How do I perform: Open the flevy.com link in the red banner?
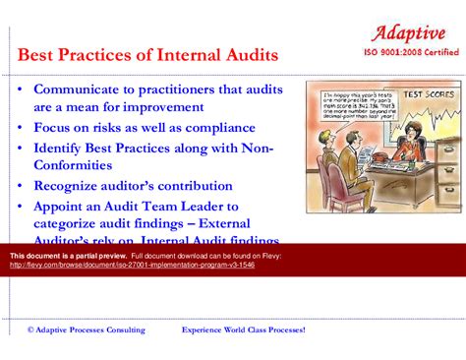tap(132, 266)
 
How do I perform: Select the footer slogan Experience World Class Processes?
tap(244, 330)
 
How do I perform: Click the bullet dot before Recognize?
tap(21, 186)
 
